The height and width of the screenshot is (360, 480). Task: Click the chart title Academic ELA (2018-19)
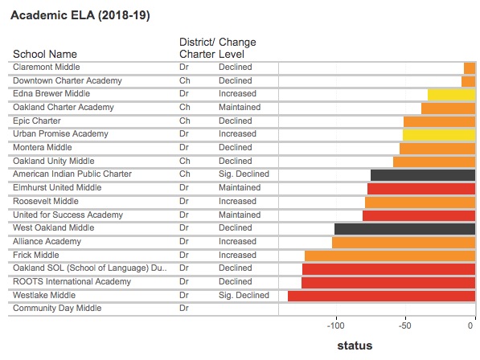pos(80,15)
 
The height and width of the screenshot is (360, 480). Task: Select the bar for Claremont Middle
pos(470,68)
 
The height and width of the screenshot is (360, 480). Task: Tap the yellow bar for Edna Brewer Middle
pos(452,95)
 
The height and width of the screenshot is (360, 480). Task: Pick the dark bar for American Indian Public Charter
pos(423,175)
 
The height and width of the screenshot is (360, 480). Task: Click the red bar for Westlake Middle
pos(381,296)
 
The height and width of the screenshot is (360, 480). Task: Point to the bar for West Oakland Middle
pos(405,229)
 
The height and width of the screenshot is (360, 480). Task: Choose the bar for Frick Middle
pos(390,256)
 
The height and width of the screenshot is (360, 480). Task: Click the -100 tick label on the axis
pos(336,325)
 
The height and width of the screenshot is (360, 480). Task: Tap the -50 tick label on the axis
pos(405,325)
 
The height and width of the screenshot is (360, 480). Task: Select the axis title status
pos(355,346)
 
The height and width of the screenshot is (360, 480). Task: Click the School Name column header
pos(45,54)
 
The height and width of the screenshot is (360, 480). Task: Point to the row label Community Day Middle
pos(57,308)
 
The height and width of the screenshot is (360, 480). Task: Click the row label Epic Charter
pos(37,121)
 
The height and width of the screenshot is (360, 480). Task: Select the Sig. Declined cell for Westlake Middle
pos(244,295)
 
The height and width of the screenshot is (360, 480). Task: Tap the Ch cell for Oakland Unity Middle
pos(185,161)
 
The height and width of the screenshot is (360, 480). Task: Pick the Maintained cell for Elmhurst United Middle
pos(240,187)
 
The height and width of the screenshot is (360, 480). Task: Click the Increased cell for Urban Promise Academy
pos(237,133)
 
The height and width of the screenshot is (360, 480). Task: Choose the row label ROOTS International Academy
pos(72,281)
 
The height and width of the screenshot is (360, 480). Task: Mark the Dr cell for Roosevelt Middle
pos(184,201)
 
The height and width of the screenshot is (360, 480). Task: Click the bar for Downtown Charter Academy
pos(469,82)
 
